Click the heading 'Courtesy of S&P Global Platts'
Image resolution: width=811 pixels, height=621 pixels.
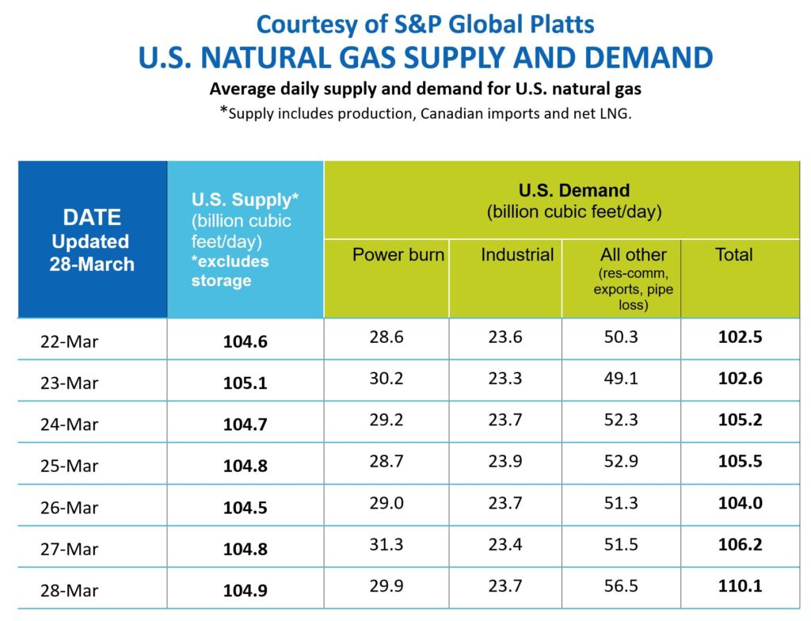click(x=425, y=24)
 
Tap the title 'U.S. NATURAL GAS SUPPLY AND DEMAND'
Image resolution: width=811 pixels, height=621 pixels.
click(x=425, y=58)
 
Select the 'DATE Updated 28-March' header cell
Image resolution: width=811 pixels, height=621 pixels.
click(x=92, y=240)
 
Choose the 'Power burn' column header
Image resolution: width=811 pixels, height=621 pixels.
click(x=398, y=255)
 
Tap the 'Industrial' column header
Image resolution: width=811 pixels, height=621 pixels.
click(x=516, y=255)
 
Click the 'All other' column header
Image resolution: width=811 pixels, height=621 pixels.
click(x=633, y=255)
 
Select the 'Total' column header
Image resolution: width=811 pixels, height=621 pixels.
click(x=733, y=255)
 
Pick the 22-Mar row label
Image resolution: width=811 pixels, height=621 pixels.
click(x=70, y=341)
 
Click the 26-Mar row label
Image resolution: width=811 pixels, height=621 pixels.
click(x=70, y=507)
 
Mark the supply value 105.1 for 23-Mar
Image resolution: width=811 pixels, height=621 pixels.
click(x=246, y=383)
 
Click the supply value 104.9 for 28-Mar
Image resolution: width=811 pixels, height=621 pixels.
click(x=246, y=589)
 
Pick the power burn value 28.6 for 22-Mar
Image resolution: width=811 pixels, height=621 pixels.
click(x=386, y=337)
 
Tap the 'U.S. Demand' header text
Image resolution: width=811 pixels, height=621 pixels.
click(x=573, y=191)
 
